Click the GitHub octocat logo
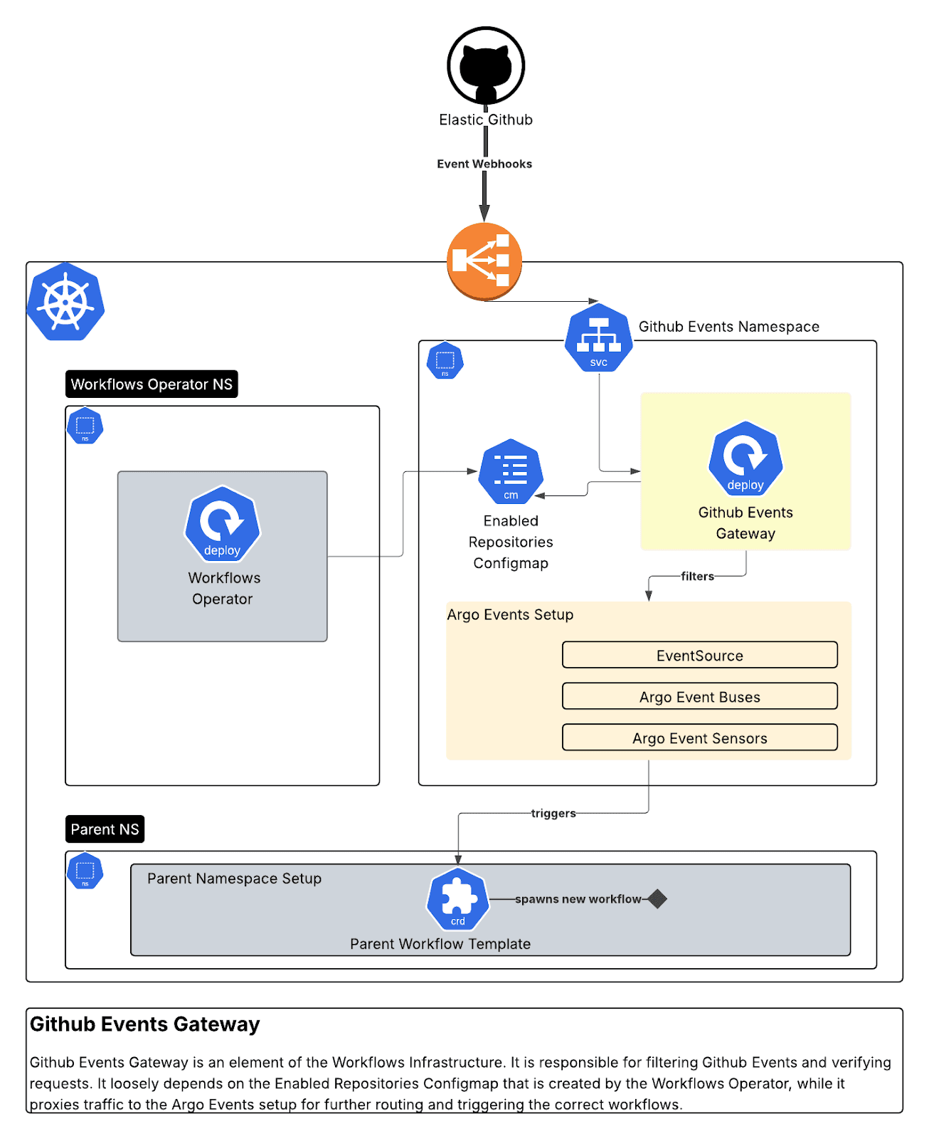[486, 65]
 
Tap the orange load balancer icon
[484, 261]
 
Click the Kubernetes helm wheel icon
[65, 302]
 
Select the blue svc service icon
[599, 339]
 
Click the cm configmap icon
[511, 472]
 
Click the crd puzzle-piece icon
[458, 900]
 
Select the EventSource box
[699, 655]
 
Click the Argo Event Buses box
[699, 696]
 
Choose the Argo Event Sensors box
[699, 738]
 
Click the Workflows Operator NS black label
[152, 384]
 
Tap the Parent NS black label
[105, 829]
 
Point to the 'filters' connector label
[697, 577]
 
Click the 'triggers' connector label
[553, 813]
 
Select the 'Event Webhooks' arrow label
[484, 164]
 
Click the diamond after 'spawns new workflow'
[658, 899]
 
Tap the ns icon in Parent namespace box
[85, 871]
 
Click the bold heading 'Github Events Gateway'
[145, 1024]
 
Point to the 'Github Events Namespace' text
[728, 327]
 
